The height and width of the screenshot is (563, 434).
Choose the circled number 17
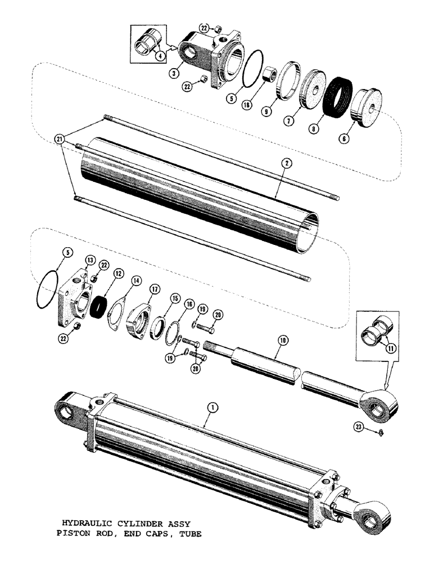pyautogui.click(x=153, y=292)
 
